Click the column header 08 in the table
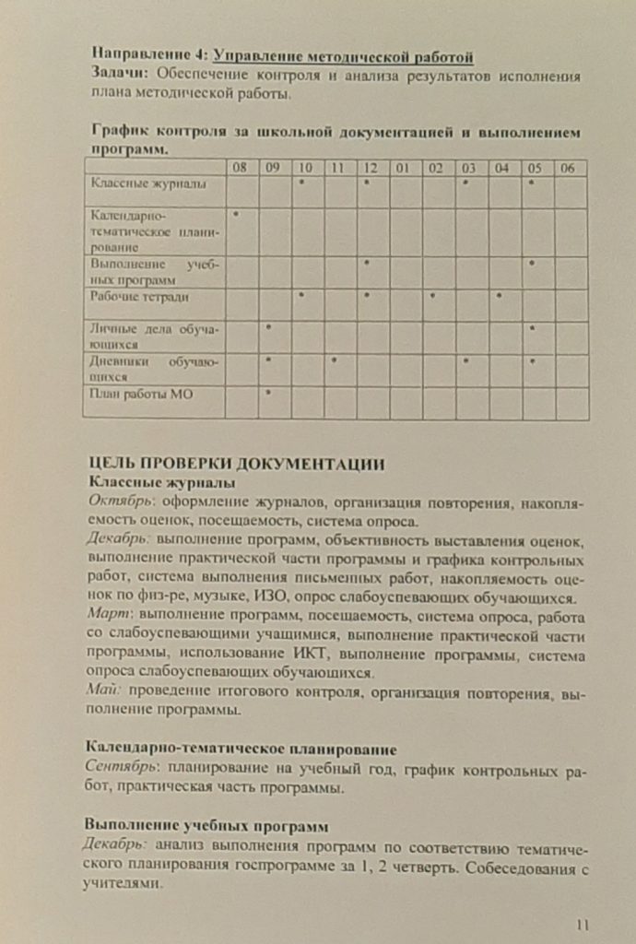(240, 168)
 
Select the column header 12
(370, 168)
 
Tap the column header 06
(569, 168)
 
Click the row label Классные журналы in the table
(135, 184)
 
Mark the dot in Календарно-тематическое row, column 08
(237, 213)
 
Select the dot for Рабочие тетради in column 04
(499, 295)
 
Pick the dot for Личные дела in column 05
(533, 327)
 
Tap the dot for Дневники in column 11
(335, 360)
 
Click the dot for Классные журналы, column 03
(467, 182)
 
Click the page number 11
(582, 925)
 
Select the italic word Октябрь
(120, 502)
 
